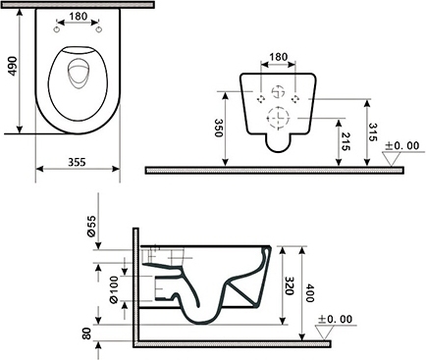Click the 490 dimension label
(x=13, y=67)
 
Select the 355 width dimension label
(x=77, y=162)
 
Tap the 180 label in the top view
(x=79, y=16)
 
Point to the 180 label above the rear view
(x=278, y=57)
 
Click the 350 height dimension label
(x=218, y=128)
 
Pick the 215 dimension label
(x=346, y=141)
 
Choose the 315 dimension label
(x=373, y=132)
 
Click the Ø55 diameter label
(x=91, y=227)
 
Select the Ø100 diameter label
(x=114, y=289)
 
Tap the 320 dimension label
(x=289, y=285)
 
